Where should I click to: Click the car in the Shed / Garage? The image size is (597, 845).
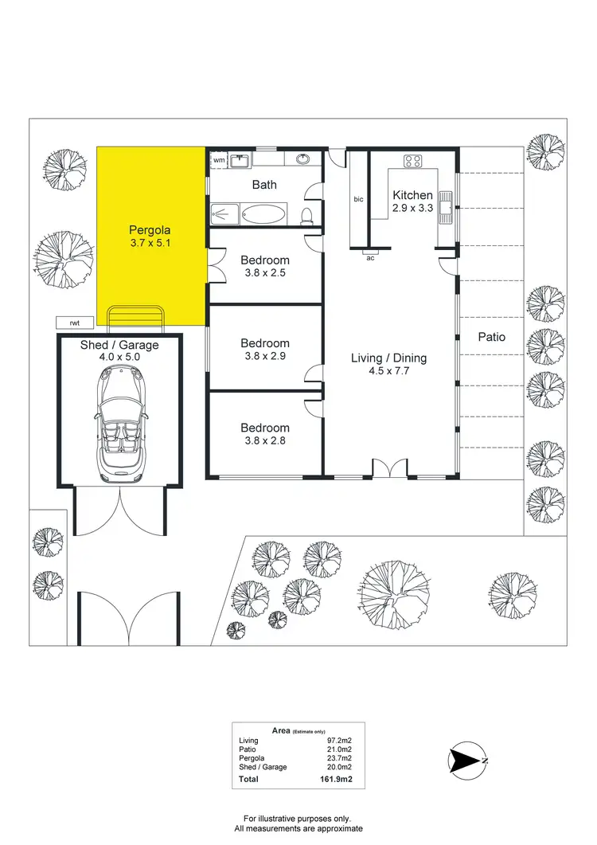coord(119,426)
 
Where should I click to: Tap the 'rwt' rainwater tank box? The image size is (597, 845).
coord(76,323)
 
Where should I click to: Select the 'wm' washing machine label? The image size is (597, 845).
coord(219,160)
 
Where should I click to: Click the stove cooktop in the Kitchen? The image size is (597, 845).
coord(413,160)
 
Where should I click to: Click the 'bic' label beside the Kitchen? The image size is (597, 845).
coord(358,199)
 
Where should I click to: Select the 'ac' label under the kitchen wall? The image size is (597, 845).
coord(370,257)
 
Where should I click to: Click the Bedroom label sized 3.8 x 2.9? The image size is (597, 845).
coord(265,350)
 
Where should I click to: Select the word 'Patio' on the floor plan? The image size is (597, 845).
coord(492,337)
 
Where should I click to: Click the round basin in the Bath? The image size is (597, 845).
coord(303,159)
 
